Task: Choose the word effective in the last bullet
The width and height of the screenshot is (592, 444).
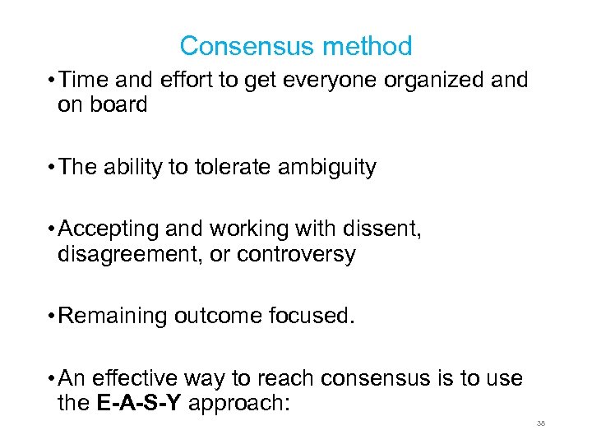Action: click(x=133, y=379)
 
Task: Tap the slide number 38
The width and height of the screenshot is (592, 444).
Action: click(x=541, y=423)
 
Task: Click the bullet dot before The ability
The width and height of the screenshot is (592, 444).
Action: click(x=51, y=167)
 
